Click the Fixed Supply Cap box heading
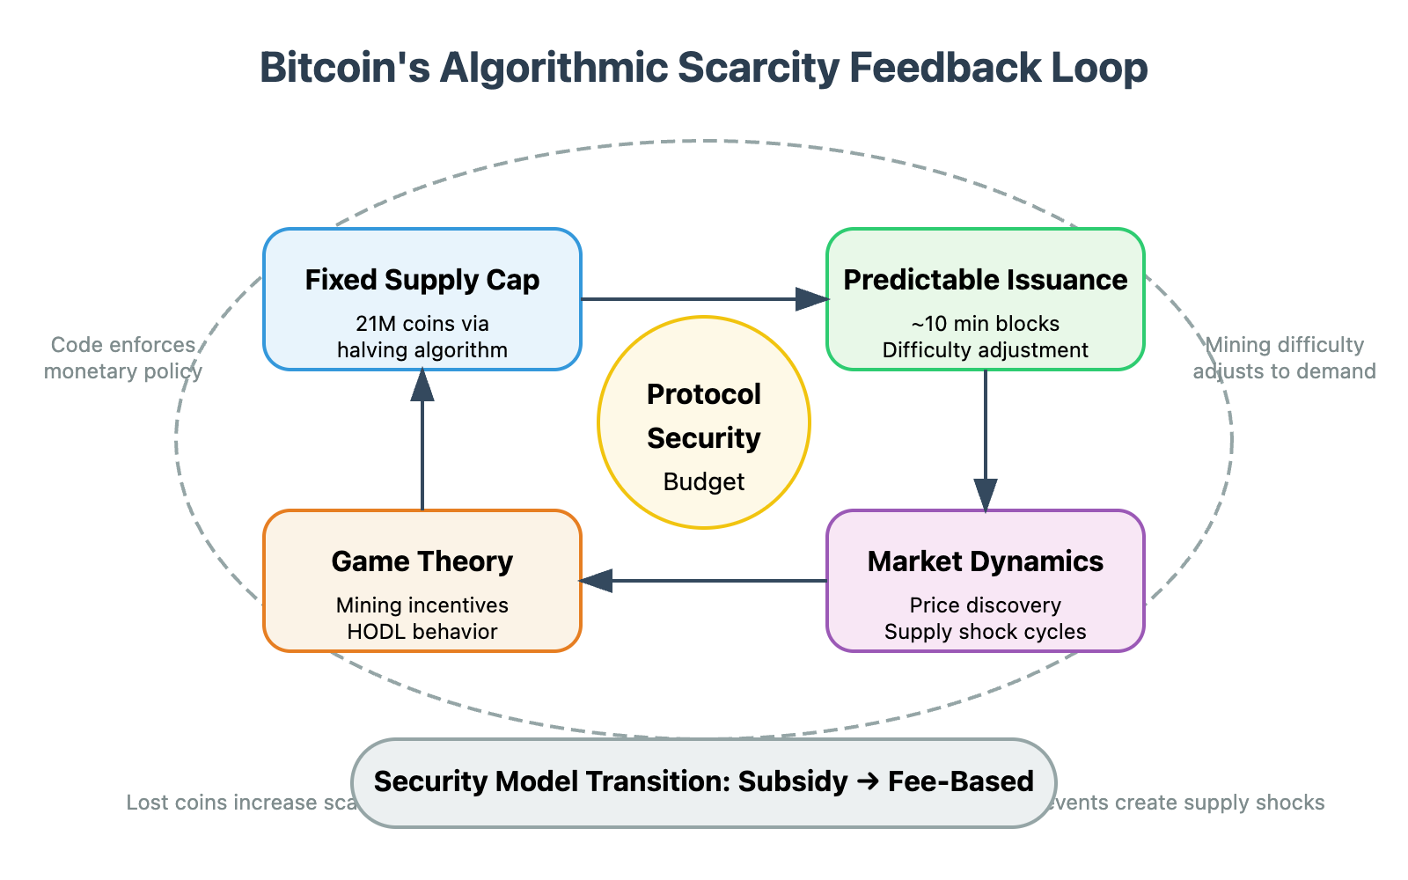(x=422, y=280)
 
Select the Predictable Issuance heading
(x=985, y=280)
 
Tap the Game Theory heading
(x=422, y=561)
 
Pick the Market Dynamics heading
(x=985, y=561)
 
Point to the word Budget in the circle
(x=704, y=482)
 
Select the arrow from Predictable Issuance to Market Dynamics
(x=986, y=440)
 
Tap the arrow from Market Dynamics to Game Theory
(x=704, y=581)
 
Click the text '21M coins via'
(x=422, y=324)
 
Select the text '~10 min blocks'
(x=985, y=324)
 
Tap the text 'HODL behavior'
(x=422, y=632)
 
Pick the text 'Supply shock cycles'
(x=985, y=632)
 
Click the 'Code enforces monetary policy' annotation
(x=123, y=358)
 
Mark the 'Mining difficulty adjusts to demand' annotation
(x=1284, y=358)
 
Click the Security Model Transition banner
(x=704, y=782)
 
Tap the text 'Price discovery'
(x=985, y=605)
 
